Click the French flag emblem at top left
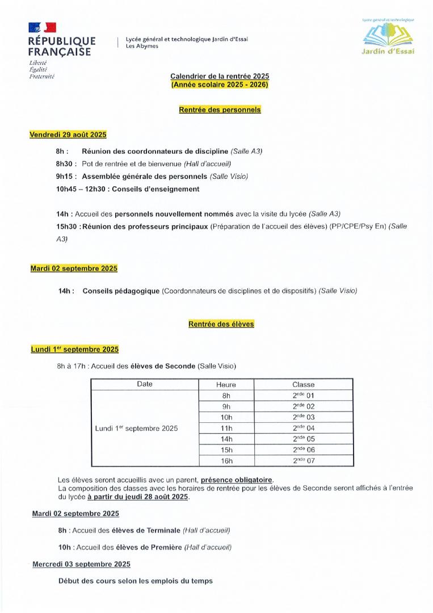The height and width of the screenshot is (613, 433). [x=42, y=27]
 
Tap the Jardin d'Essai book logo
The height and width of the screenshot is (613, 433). [x=388, y=36]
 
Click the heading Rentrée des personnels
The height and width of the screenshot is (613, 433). [x=220, y=110]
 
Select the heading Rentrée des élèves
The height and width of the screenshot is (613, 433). [x=221, y=324]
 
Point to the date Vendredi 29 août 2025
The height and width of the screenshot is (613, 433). [x=68, y=135]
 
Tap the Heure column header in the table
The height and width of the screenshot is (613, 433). [x=226, y=385]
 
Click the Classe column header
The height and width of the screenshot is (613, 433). [x=303, y=385]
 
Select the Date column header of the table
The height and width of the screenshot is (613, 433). [x=145, y=384]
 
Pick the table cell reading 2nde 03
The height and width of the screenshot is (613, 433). [x=303, y=417]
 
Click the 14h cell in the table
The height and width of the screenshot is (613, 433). [x=226, y=439]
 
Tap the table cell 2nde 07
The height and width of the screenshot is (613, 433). [x=303, y=460]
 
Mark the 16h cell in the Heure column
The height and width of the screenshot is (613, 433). [x=226, y=460]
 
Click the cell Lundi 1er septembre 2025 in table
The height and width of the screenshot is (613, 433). [x=136, y=428]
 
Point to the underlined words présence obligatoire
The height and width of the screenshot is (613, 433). [x=237, y=480]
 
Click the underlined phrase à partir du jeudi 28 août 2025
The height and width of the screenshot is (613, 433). [x=137, y=497]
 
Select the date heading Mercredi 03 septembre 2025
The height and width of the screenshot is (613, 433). [x=81, y=564]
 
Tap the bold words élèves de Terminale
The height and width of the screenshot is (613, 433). [x=148, y=531]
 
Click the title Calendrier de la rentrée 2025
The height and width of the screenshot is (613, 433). [x=220, y=76]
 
